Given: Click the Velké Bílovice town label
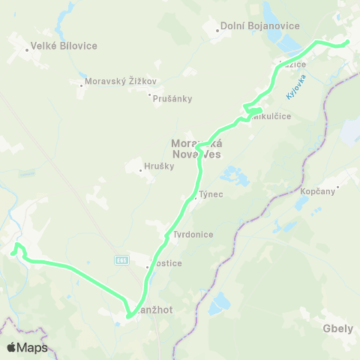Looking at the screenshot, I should click(x=64, y=46).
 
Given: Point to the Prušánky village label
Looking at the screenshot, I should click(x=172, y=97).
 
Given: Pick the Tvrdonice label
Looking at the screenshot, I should click(x=193, y=235).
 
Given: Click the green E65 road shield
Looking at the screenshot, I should click(x=121, y=260).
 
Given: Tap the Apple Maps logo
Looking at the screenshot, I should click(x=27, y=347).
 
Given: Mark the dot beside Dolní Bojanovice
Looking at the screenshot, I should click(x=216, y=31).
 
